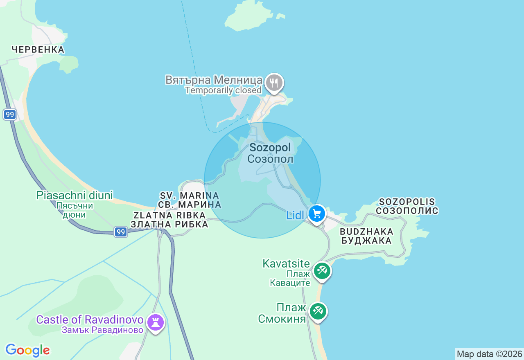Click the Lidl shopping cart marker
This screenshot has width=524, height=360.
(317, 214)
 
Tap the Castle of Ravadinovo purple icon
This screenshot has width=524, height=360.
(156, 322)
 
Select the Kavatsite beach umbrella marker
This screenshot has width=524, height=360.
(322, 270)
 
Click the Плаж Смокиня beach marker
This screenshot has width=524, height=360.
(318, 311)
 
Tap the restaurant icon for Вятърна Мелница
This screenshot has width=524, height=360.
(274, 83)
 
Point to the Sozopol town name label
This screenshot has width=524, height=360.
(270, 148)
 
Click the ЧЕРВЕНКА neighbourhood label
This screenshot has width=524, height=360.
(38, 50)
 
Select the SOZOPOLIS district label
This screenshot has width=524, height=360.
(407, 202)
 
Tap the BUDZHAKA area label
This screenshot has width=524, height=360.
(366, 232)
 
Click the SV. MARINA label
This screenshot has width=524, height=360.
(189, 196)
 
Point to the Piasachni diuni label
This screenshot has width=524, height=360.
(75, 196)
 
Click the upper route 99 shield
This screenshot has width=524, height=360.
(10, 115)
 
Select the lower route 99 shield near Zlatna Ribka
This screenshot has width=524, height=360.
(120, 232)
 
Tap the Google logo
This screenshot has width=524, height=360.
(27, 351)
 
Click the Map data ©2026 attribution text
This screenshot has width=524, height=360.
(489, 354)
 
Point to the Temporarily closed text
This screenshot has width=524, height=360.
(223, 90)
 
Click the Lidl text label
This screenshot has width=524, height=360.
(295, 216)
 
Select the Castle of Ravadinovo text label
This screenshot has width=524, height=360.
(90, 319)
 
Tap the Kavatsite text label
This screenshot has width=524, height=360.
(286, 263)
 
